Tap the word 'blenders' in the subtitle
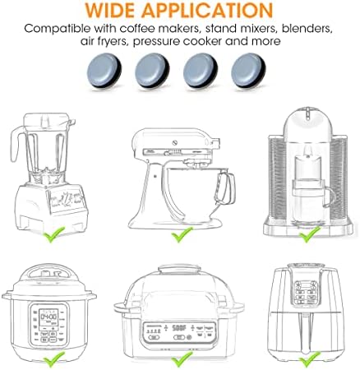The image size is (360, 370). pyautogui.click(x=307, y=28)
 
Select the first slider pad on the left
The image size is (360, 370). pyautogui.click(x=104, y=71)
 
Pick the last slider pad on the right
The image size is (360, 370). pyautogui.click(x=248, y=71)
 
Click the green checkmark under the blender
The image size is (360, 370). pyautogui.click(x=54, y=234)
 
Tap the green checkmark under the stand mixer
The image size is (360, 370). pyautogui.click(x=182, y=234)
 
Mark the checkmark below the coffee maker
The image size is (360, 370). pyautogui.click(x=310, y=234)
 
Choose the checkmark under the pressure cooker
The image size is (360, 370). pyautogui.click(x=54, y=359)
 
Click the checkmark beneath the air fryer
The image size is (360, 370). pyautogui.click(x=310, y=359)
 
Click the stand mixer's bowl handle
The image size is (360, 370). pyautogui.click(x=228, y=188)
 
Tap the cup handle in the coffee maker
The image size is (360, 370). pyautogui.click(x=330, y=197)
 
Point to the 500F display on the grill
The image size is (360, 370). pyautogui.click(x=179, y=328)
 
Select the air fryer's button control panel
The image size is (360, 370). pyautogui.click(x=305, y=293)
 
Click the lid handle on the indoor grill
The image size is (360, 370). pyautogui.click(x=179, y=269)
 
